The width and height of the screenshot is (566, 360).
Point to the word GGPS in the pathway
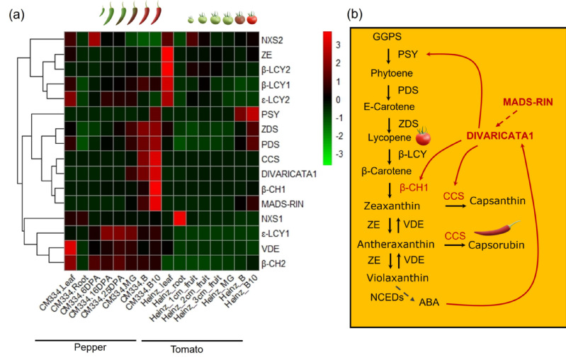point(388,35)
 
